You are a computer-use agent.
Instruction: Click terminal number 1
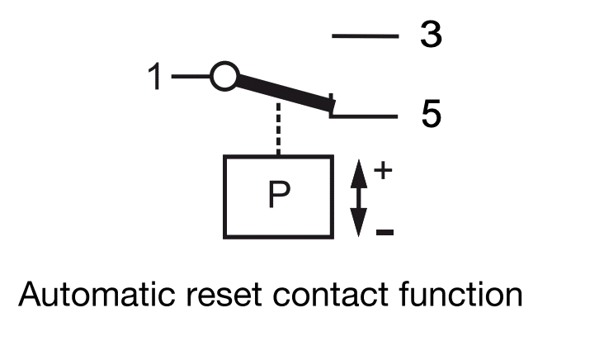(x=156, y=78)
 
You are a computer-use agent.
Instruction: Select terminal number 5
(x=430, y=115)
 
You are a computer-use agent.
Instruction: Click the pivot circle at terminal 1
(x=224, y=77)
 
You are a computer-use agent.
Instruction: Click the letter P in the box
(x=280, y=197)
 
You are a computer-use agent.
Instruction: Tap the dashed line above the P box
(x=279, y=128)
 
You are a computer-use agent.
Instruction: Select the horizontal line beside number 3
(x=365, y=36)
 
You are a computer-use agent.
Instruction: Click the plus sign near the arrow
(x=383, y=170)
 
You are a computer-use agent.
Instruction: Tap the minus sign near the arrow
(x=384, y=232)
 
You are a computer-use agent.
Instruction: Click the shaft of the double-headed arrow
(x=357, y=197)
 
